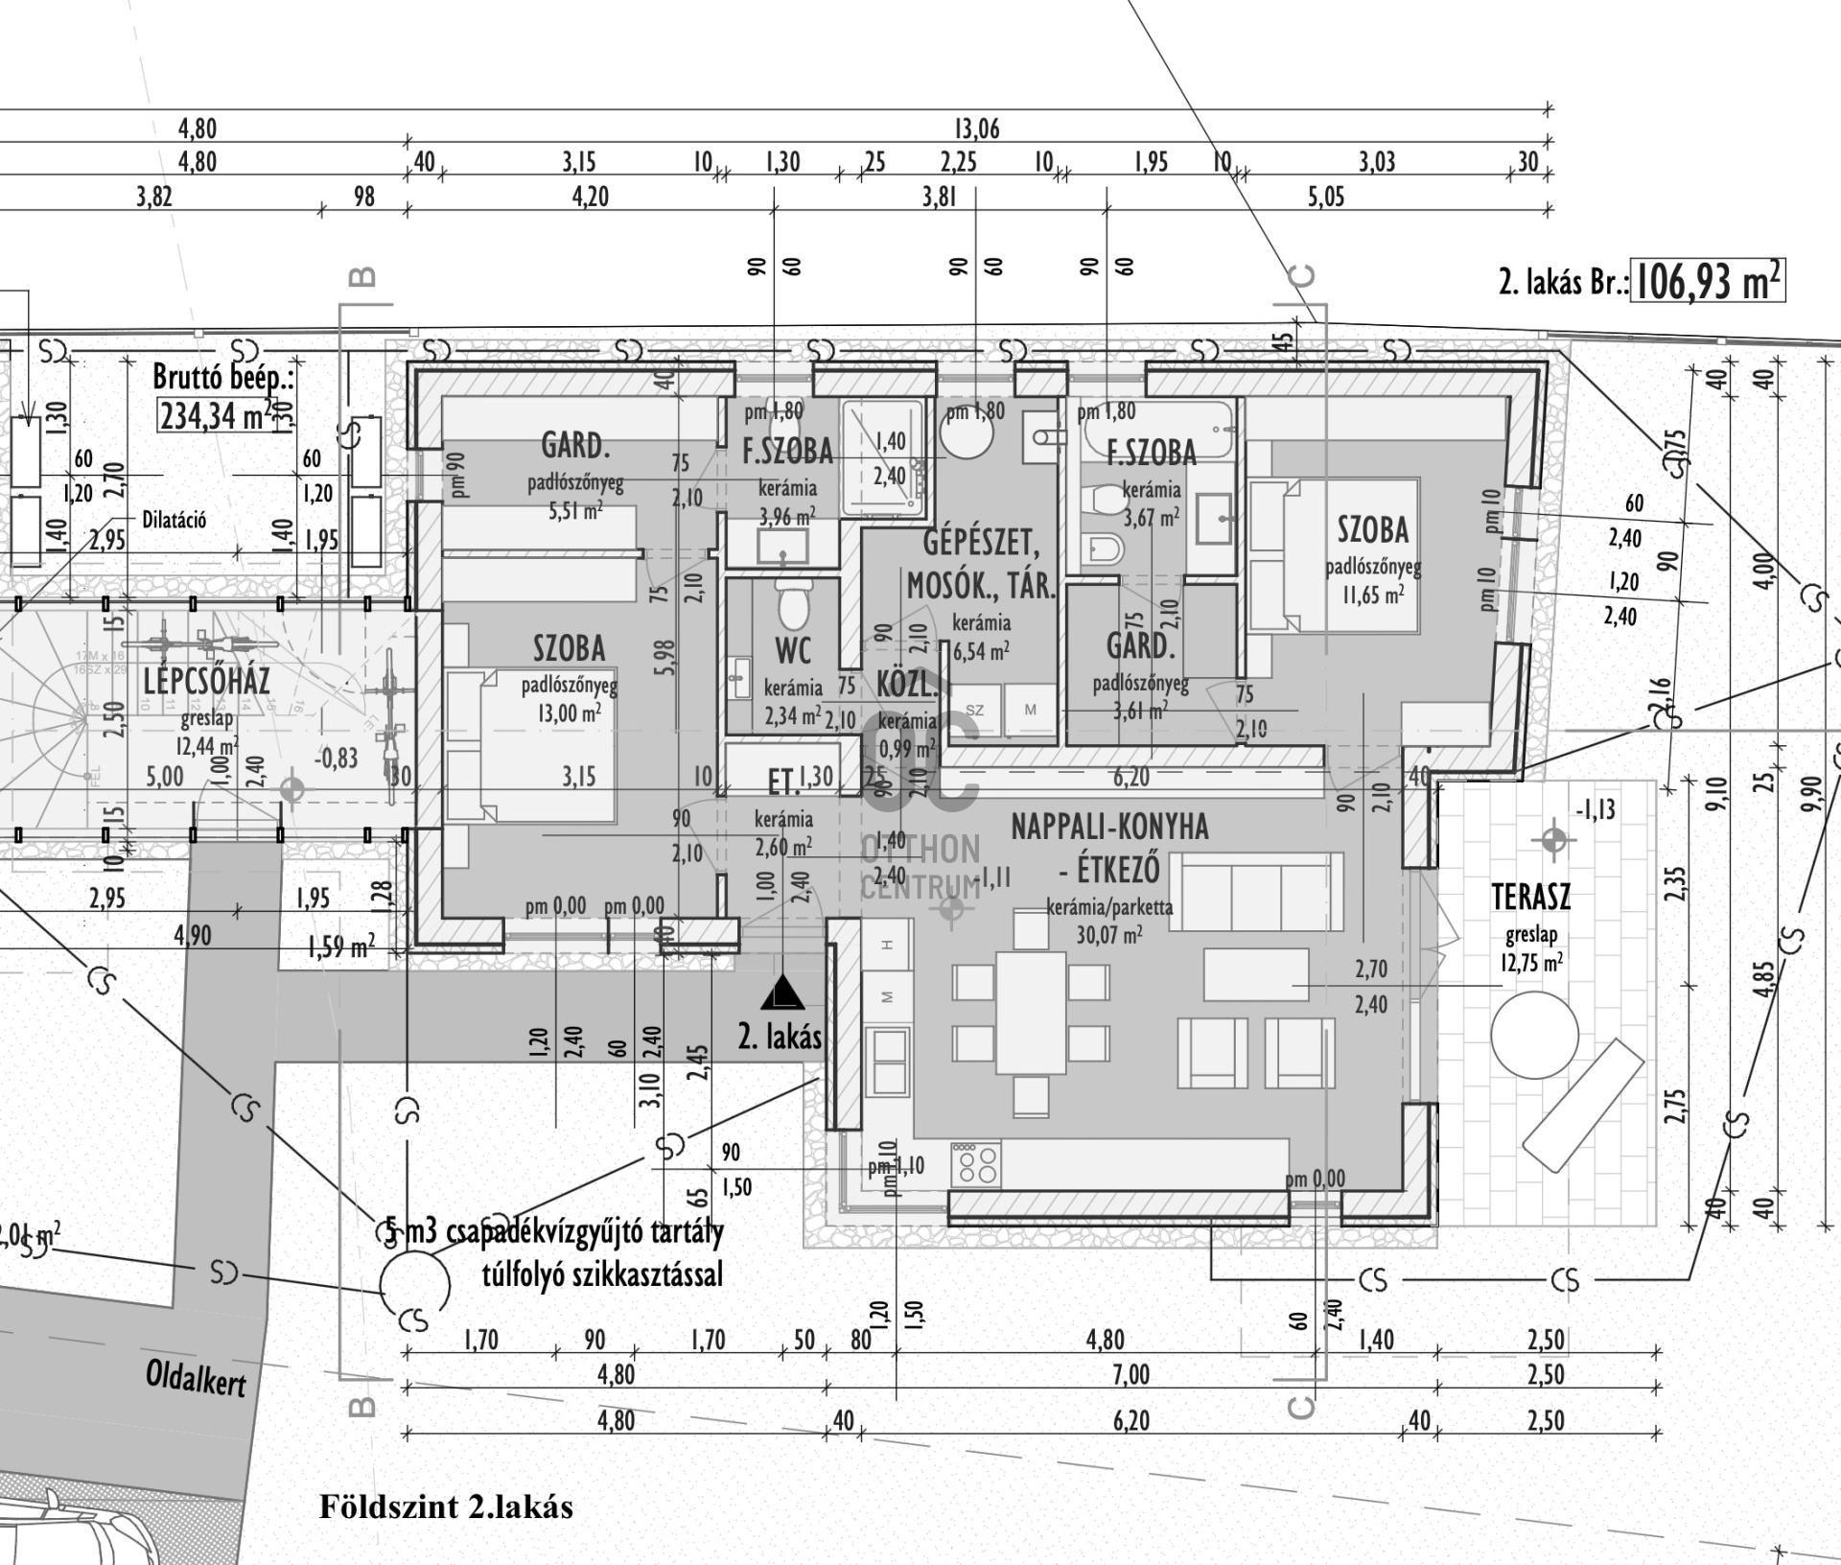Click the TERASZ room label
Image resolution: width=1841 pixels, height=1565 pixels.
coord(1531,898)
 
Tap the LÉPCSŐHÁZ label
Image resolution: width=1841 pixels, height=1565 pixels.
coord(206,682)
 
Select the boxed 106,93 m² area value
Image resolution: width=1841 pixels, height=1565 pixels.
coord(1707,283)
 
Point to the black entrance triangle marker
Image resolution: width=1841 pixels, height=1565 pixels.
coord(782,993)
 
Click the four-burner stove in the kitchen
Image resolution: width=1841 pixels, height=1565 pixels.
coord(976,1164)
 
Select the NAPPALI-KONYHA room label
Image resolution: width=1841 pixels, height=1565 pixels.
coord(1109,827)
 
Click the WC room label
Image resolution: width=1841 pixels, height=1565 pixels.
coord(793,651)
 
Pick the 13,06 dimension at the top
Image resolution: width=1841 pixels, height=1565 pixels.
coord(976,128)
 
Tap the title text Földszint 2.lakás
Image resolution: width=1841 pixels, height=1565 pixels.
coord(446,1507)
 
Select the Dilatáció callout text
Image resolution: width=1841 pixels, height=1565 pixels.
coord(174,521)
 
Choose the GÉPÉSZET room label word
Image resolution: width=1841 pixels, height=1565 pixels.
coord(981,544)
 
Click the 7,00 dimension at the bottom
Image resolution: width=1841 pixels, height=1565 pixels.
coord(1130,1374)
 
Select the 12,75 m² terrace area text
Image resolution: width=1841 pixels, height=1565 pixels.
coord(1531,962)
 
